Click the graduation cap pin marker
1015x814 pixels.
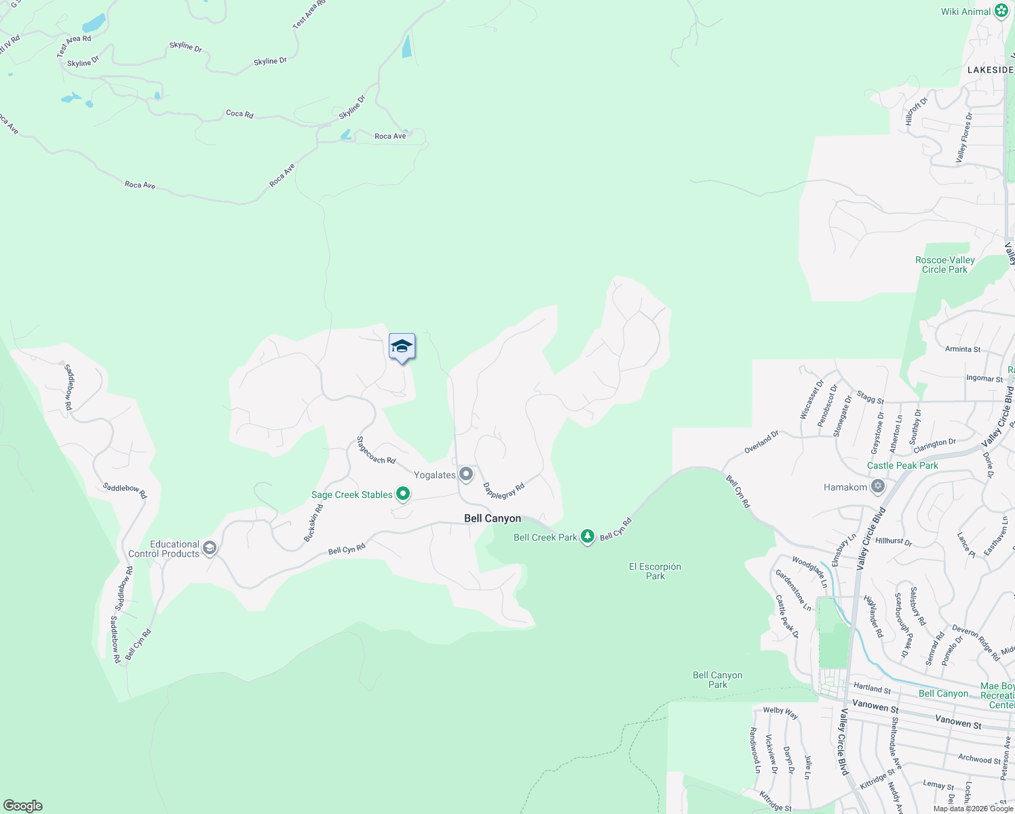(402, 347)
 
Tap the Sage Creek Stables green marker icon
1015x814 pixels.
(403, 494)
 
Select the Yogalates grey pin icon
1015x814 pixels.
(465, 474)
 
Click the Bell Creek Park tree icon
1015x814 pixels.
(588, 537)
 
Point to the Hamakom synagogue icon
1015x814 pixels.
(878, 486)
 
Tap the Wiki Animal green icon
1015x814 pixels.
(1001, 11)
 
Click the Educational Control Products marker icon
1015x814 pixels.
(210, 548)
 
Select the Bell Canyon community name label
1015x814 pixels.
(493, 518)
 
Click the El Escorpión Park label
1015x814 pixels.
(655, 571)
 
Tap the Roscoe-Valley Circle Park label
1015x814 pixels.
(944, 265)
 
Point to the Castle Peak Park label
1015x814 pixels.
(902, 465)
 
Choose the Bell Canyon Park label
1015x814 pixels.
(717, 680)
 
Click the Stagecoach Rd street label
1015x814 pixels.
(376, 450)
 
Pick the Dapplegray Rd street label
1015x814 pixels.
(503, 490)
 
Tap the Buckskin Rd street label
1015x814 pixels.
(313, 523)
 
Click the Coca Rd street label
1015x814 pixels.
(240, 113)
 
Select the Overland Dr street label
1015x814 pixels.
(761, 442)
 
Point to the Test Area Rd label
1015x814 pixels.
(73, 45)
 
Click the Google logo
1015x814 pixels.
(22, 806)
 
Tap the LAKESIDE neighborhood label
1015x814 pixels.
(990, 70)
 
